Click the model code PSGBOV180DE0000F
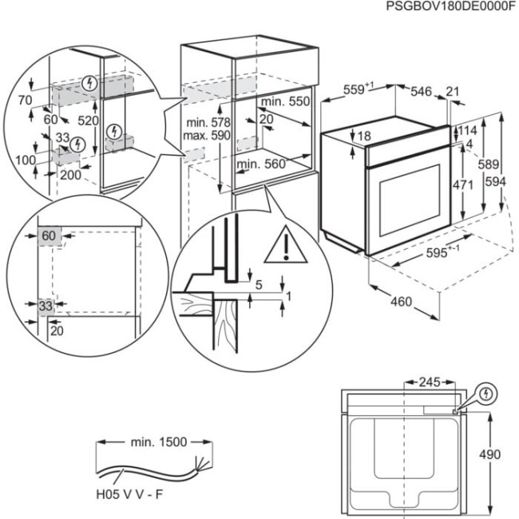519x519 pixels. [450, 6]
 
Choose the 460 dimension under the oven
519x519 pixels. [402, 302]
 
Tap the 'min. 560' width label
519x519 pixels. [260, 164]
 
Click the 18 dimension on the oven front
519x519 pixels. [364, 137]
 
